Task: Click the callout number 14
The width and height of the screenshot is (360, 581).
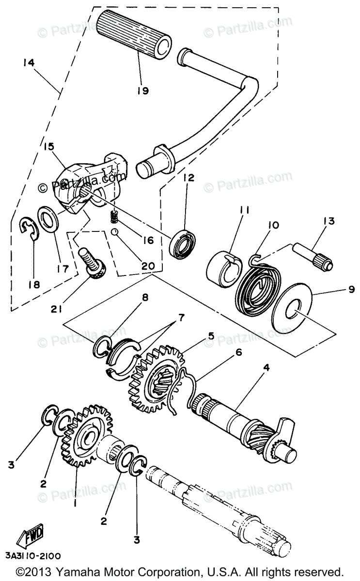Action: [x=29, y=62]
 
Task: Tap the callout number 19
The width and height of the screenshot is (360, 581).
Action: [x=143, y=91]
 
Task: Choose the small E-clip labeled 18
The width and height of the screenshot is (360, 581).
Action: [x=30, y=228]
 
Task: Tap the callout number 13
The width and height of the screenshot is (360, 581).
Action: [x=329, y=221]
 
